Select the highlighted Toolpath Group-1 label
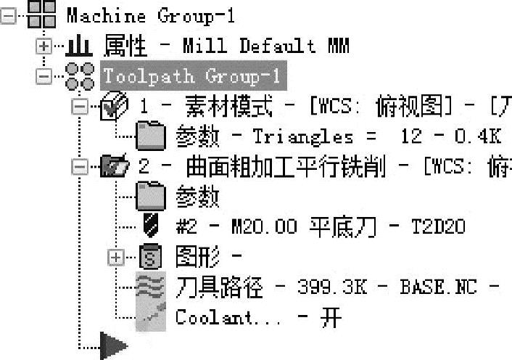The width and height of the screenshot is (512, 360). tap(193, 76)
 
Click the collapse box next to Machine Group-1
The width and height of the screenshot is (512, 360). tap(9, 16)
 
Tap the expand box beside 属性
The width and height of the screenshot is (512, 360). tap(44, 46)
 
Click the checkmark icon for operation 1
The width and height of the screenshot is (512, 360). tap(116, 107)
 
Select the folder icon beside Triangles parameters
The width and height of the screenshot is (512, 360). tap(151, 136)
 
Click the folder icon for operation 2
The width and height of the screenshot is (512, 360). tap(116, 166)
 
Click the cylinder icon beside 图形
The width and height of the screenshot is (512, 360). tap(150, 256)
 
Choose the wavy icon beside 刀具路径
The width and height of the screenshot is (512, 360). tap(151, 287)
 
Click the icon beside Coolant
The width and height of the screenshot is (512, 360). tap(151, 316)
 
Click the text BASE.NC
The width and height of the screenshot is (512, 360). tap(438, 287)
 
